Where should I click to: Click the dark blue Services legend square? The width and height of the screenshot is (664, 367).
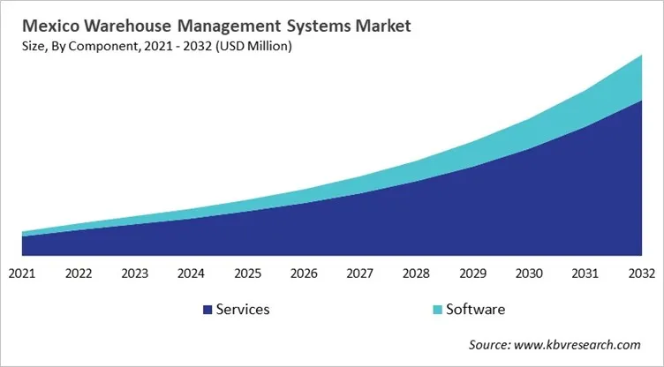[x=207, y=310]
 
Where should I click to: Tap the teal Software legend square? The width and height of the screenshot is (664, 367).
[x=437, y=310]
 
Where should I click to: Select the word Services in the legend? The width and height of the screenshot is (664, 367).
[x=243, y=310]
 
